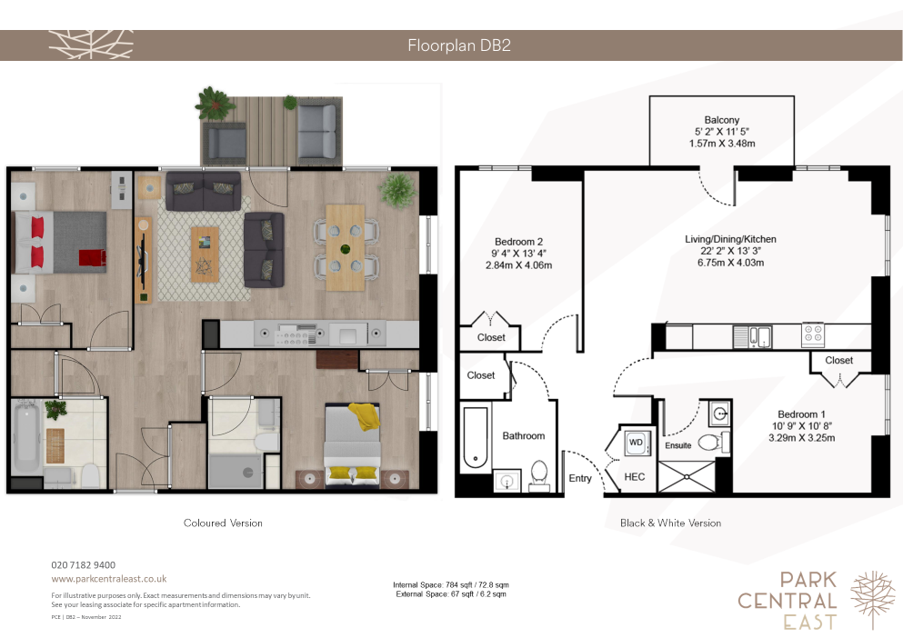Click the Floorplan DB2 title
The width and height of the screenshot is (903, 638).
point(459,45)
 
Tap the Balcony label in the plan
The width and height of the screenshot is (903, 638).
point(722,120)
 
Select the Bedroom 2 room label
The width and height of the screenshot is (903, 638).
point(518,242)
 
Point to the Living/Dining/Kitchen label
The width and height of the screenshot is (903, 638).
point(730,239)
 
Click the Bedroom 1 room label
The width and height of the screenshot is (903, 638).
point(801,414)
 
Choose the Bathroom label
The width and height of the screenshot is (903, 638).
point(524,436)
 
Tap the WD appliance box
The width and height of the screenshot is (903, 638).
point(636,443)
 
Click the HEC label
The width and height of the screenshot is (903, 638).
point(634,477)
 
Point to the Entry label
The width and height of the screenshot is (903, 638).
point(580,478)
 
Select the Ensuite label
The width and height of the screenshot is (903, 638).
point(677,445)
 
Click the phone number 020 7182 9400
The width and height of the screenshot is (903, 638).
point(83,565)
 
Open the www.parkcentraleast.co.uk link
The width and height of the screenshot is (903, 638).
point(109,579)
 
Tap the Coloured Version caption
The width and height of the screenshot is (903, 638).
point(223,523)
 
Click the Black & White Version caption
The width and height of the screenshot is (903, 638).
point(670,523)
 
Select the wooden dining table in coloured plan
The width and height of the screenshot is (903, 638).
point(345,247)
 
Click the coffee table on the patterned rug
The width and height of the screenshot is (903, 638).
point(205,254)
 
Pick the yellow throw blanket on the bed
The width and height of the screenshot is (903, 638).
point(365,415)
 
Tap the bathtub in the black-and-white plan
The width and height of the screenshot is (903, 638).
point(476,438)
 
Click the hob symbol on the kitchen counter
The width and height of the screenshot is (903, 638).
point(813,334)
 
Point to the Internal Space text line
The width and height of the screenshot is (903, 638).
point(451,584)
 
